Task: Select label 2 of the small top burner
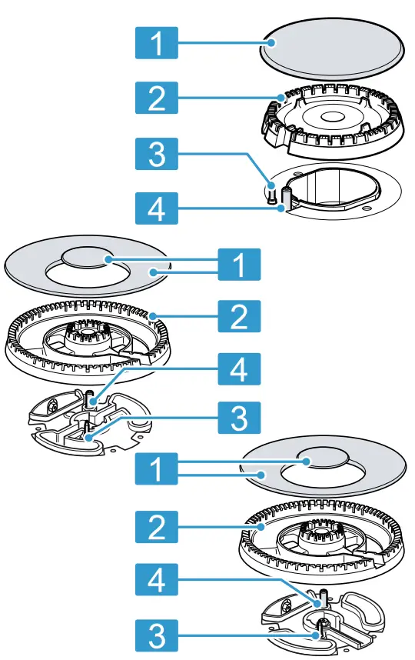156,99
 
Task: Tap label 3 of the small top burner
156,155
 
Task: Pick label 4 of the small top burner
156,207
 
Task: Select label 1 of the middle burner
238,266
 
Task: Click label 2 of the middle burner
238,316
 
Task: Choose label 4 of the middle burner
238,371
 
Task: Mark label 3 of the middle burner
238,419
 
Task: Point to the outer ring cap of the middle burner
46,269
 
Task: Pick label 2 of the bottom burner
156,527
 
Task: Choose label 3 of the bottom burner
156,635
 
